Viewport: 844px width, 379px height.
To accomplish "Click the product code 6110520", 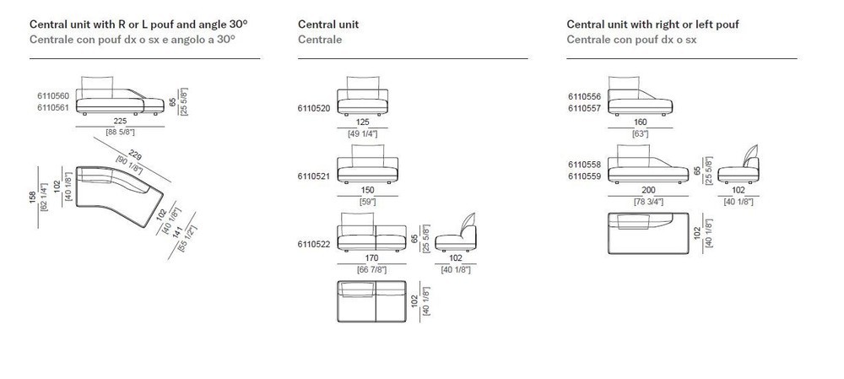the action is (314, 108).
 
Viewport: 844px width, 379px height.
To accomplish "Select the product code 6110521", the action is (314, 176).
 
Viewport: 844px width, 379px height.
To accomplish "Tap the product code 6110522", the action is (314, 244).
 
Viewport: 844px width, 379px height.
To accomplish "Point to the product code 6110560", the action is (53, 96).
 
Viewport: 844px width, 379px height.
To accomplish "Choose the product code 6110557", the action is (585, 108).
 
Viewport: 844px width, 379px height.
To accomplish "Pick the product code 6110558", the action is (585, 165).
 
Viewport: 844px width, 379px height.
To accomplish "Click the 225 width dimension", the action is (120, 122).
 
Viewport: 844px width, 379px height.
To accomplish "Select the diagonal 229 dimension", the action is (136, 156).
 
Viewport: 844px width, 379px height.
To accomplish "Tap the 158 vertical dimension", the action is (33, 198).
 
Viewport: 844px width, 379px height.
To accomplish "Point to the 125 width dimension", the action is (363, 122).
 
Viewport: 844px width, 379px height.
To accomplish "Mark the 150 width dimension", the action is (368, 190).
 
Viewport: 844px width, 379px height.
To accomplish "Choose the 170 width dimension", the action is (372, 258).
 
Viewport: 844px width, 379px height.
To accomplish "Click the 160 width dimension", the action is (640, 122).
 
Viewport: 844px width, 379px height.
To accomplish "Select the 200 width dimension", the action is (648, 190).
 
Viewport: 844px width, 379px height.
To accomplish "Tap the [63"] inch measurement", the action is (640, 133).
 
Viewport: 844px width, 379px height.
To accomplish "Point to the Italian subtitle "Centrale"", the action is (320, 40).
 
